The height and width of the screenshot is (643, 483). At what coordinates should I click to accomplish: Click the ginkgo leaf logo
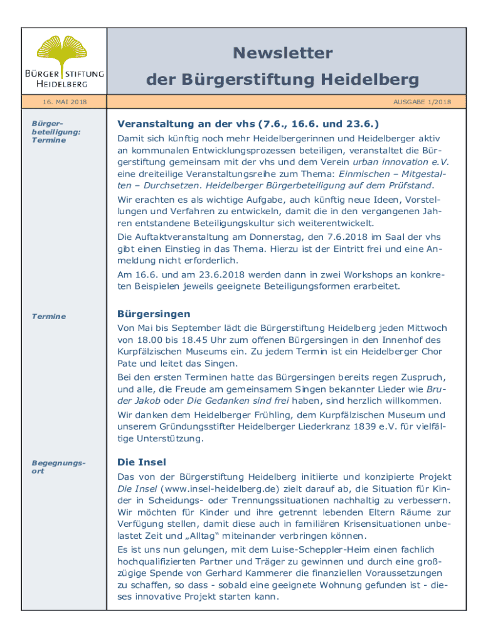(x=61, y=50)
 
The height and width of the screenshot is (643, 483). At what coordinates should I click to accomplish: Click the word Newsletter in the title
(x=282, y=53)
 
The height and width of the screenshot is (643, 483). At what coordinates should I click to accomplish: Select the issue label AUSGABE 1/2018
(x=422, y=102)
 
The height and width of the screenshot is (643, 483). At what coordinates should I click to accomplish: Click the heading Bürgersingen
(x=154, y=314)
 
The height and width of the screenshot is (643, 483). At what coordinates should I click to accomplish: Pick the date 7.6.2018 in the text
(x=350, y=237)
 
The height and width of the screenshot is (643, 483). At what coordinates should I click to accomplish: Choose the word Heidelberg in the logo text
(x=61, y=84)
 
